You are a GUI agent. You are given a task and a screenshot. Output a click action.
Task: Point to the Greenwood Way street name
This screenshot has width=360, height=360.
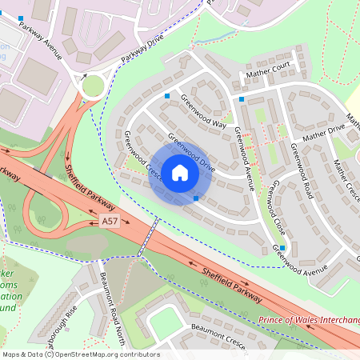pos(203,112)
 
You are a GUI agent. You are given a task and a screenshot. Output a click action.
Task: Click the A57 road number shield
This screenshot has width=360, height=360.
pos(110,219)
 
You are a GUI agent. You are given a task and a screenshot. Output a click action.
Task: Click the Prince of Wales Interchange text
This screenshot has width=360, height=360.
pos(308,320)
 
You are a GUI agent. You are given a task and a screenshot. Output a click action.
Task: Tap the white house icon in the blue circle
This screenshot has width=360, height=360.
pos(179,172)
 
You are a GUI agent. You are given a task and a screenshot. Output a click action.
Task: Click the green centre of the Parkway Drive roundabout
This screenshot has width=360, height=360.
pos(93,85)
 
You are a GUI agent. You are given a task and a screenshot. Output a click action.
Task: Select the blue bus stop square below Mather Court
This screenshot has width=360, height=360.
pos(242,99)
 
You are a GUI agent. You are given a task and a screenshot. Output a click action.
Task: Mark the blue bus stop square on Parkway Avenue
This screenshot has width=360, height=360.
pos(21,18)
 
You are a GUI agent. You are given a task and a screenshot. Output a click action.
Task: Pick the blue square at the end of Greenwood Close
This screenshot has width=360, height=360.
pos(282,248)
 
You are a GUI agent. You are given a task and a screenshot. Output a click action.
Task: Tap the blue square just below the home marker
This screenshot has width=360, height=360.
pos(196,198)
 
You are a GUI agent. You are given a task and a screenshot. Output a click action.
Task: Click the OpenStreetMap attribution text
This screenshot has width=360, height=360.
pos(80,354)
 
